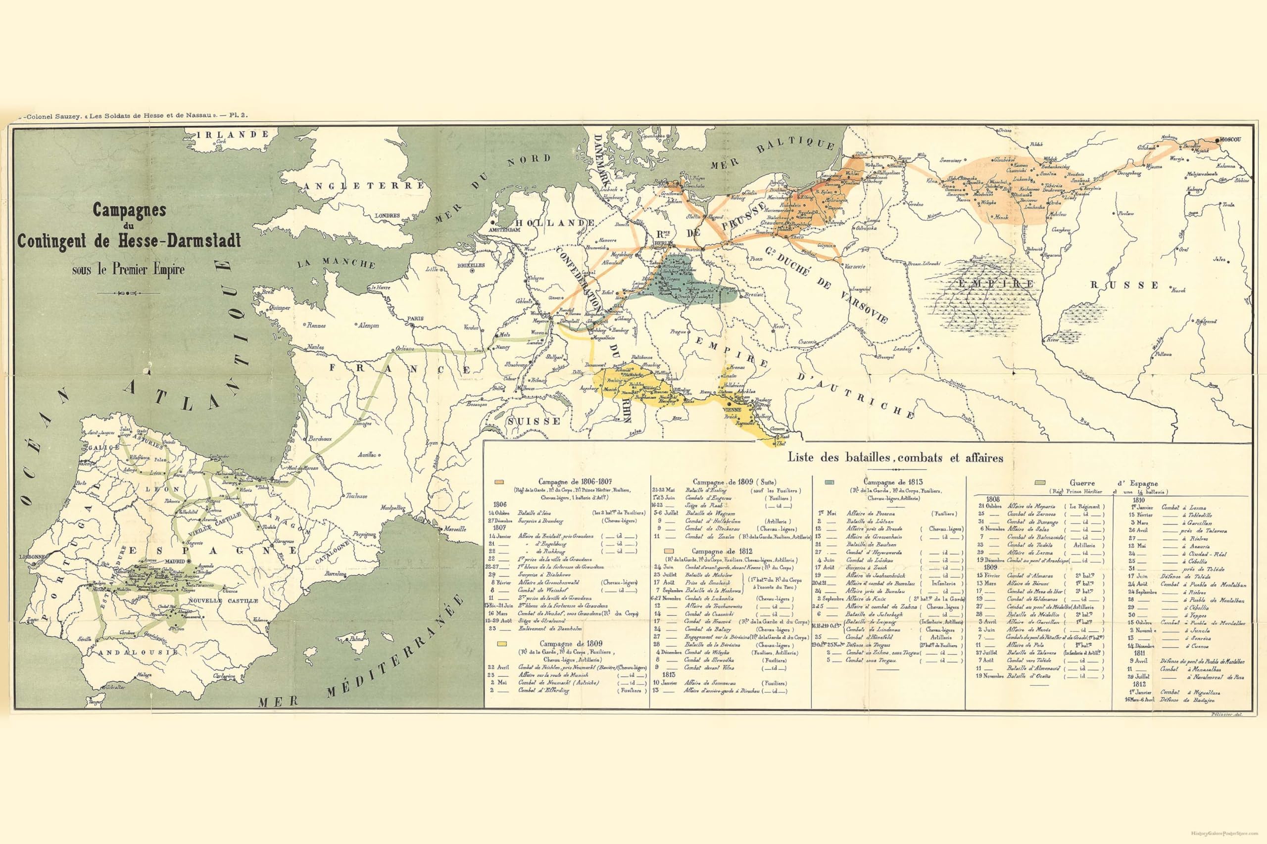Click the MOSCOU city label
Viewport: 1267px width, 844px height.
pyautogui.click(x=1229, y=140)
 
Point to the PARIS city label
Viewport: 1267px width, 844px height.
pyautogui.click(x=415, y=318)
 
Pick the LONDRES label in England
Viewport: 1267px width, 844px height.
pyautogui.click(x=387, y=215)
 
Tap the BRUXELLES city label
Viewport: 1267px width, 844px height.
pyautogui.click(x=471, y=265)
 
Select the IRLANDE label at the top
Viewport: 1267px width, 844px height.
pyautogui.click(x=233, y=135)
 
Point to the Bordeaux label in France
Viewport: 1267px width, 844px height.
pyautogui.click(x=320, y=439)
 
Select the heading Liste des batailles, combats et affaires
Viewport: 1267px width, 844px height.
pyautogui.click(x=895, y=458)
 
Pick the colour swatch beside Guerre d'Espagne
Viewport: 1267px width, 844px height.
pyautogui.click(x=1040, y=483)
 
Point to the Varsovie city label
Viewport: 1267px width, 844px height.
pyautogui.click(x=853, y=267)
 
